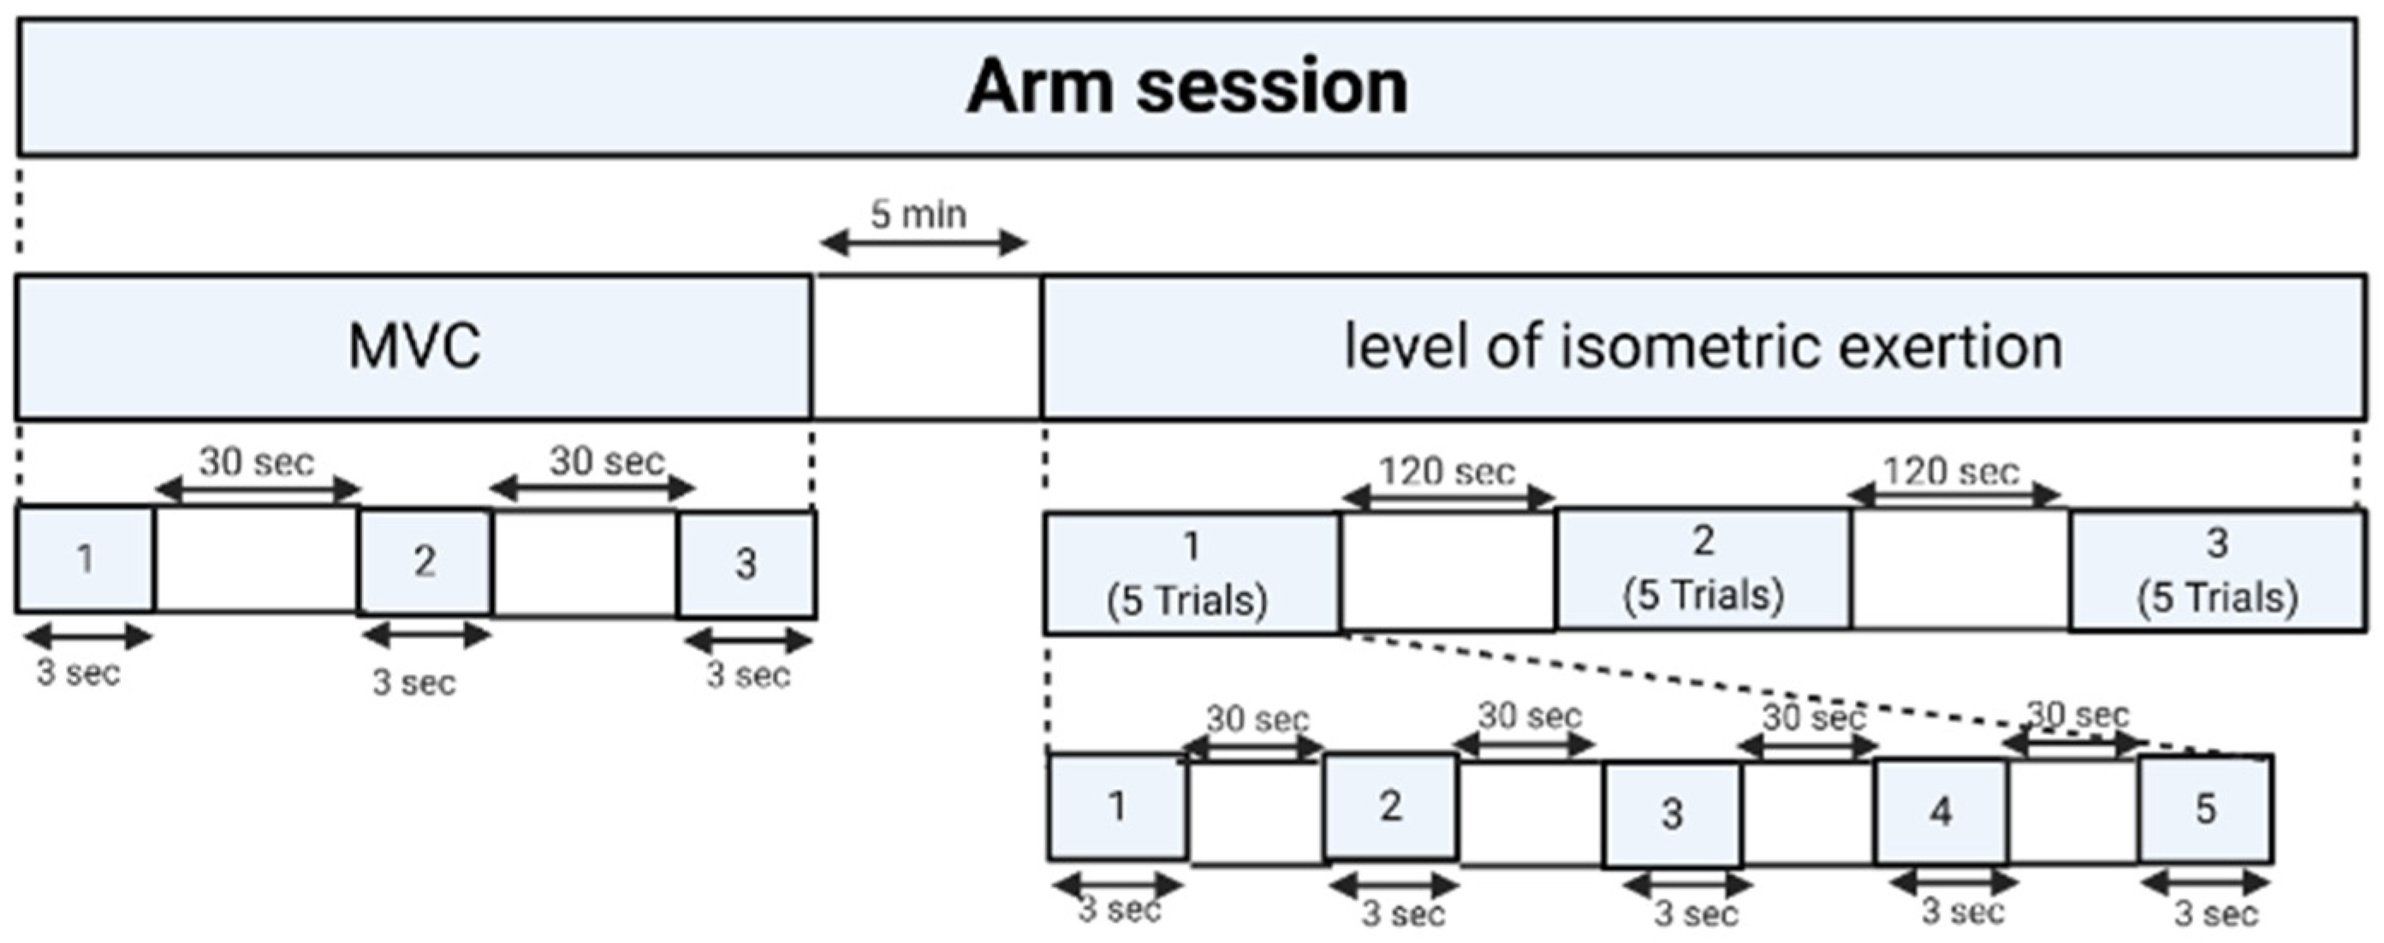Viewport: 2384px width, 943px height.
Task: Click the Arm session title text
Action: [x=1186, y=87]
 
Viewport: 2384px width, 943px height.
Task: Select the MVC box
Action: [x=413, y=347]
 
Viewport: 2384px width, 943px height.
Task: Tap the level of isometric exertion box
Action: [x=1703, y=347]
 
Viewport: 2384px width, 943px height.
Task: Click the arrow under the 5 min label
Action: [x=923, y=245]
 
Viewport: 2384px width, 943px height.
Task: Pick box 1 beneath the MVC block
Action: [x=84, y=558]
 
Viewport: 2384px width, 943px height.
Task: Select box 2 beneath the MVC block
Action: [x=424, y=560]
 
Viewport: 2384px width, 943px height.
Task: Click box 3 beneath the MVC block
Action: [x=746, y=564]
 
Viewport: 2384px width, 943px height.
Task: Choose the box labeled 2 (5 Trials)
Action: [x=1703, y=568]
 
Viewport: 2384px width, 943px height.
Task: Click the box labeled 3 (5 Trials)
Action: [x=2217, y=570]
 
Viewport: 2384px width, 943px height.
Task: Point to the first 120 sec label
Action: [x=1447, y=472]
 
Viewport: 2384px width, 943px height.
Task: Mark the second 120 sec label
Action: [x=1951, y=472]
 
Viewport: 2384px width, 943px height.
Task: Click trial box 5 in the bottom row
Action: [x=2205, y=809]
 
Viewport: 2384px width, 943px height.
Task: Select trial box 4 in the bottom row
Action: [x=1941, y=810]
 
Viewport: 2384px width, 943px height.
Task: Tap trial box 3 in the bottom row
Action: [x=1672, y=815]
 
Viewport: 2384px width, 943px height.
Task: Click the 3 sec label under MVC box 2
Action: [x=413, y=683]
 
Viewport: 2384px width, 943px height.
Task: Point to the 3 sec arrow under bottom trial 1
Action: [x=1117, y=885]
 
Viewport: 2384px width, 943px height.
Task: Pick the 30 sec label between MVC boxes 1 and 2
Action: [x=256, y=462]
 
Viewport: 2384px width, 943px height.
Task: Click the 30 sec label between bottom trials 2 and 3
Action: [x=1529, y=715]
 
